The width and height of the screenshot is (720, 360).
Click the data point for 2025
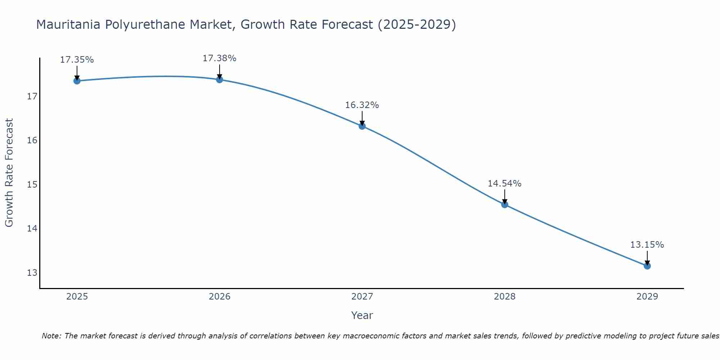pyautogui.click(x=77, y=81)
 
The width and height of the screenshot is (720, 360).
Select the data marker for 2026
pyautogui.click(x=220, y=80)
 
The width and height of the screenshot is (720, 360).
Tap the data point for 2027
pyautogui.click(x=362, y=126)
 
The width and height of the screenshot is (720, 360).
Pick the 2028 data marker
pyautogui.click(x=505, y=204)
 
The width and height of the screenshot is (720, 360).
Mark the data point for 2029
pyautogui.click(x=647, y=266)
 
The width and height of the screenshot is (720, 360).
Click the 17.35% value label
pyautogui.click(x=77, y=60)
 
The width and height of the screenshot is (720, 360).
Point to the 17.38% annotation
pyautogui.click(x=219, y=58)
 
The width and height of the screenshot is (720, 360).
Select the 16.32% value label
pyautogui.click(x=362, y=105)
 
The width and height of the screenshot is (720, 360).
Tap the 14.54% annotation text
pyautogui.click(x=504, y=184)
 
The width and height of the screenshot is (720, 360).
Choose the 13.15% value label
pyautogui.click(x=647, y=245)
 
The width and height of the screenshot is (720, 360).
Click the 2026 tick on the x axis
pyautogui.click(x=220, y=297)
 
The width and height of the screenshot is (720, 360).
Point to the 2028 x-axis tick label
pyautogui.click(x=505, y=297)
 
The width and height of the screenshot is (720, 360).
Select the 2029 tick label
pyautogui.click(x=647, y=297)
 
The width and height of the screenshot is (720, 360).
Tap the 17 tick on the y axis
pyautogui.click(x=32, y=96)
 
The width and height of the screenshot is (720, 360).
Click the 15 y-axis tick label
pyautogui.click(x=32, y=185)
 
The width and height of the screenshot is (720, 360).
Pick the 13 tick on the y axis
pyautogui.click(x=32, y=273)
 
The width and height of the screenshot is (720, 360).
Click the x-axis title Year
pyautogui.click(x=362, y=315)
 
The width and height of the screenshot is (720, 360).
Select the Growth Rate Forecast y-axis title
pyautogui.click(x=9, y=172)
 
